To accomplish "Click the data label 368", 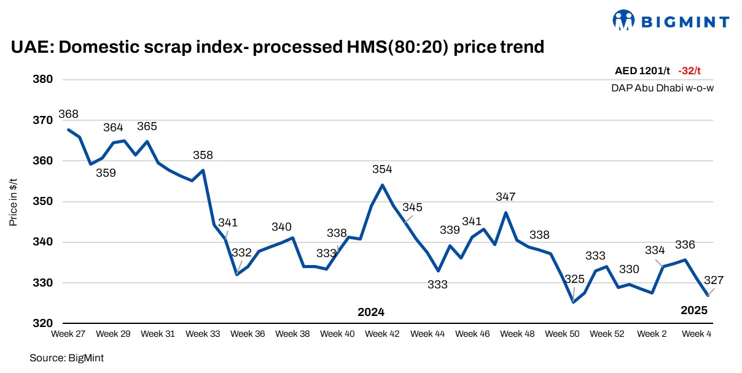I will click(68, 114).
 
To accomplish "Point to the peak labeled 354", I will click(382, 185).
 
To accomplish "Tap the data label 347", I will click(506, 197).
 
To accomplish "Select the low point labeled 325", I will click(573, 302).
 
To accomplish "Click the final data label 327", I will click(714, 280).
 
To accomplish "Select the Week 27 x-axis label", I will click(68, 334).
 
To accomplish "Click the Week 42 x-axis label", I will click(382, 334).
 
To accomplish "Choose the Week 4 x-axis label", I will click(697, 334).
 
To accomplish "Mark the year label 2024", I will click(371, 312).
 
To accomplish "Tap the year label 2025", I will click(694, 310).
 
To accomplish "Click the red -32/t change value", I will click(689, 71).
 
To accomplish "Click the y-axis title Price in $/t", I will click(13, 202).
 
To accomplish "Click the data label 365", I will click(147, 126).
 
